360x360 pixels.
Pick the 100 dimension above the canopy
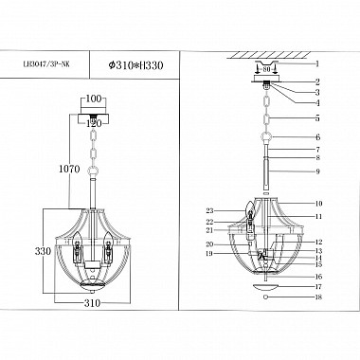click(92, 99)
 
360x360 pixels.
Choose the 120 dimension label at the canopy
click(92, 123)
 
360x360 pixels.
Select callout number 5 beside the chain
click(318, 119)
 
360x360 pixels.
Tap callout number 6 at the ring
click(318, 138)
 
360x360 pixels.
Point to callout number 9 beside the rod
click(318, 171)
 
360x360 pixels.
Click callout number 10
click(318, 204)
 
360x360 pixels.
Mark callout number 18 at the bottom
click(318, 297)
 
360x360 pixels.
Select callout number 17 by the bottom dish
click(318, 285)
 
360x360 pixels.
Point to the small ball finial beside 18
click(266, 297)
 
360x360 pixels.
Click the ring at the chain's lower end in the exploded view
click(266, 138)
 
